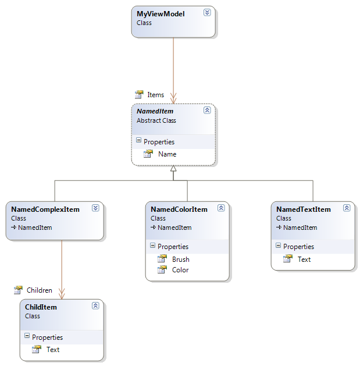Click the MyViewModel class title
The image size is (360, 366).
pos(160,14)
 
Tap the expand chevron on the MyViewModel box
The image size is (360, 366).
pos(207,12)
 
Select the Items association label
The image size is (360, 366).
pos(155,94)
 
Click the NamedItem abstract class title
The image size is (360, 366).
pos(155,111)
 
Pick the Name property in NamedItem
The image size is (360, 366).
pos(167,154)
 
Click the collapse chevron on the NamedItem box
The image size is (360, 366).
pos(207,110)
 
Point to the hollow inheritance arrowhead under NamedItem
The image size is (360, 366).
pos(173,169)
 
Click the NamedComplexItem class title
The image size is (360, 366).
pos(45,209)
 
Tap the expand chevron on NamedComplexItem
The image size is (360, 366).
pos(95,208)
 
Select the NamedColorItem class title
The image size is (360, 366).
pos(179,209)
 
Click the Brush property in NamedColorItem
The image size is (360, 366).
pos(180,260)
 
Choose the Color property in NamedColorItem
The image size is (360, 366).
pos(180,270)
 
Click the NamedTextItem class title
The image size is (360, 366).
pos(304,209)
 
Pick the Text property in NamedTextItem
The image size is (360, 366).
pos(304,260)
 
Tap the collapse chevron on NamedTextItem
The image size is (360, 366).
pos(347,208)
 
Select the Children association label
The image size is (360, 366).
pos(39,290)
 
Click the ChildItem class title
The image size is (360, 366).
pos(41,307)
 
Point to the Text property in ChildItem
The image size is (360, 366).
pos(53,350)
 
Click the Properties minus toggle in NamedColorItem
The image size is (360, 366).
pos(152,247)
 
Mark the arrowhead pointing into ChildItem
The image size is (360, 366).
pos(62,295)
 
